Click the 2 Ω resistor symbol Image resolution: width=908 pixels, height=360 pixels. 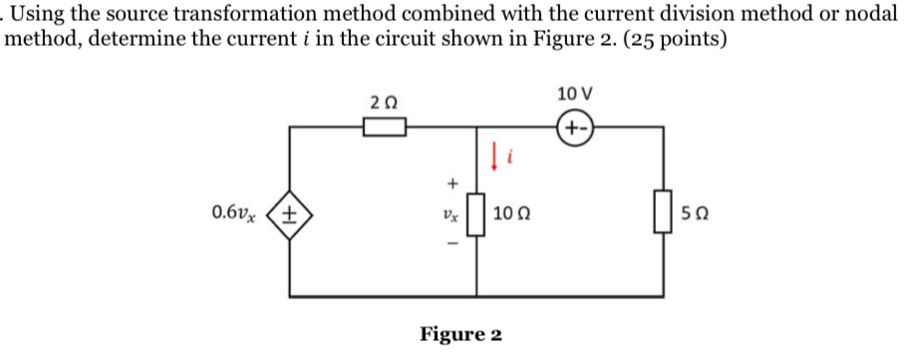click(x=384, y=127)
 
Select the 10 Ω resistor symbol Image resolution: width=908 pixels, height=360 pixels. click(x=476, y=214)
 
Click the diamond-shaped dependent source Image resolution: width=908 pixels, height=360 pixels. click(x=290, y=213)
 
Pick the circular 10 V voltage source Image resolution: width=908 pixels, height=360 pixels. click(x=575, y=127)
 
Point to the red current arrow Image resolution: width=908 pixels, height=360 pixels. click(x=494, y=155)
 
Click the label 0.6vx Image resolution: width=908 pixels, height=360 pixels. click(x=236, y=212)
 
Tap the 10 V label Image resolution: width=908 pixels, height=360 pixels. click(x=575, y=94)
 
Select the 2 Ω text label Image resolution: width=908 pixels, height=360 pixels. click(x=383, y=102)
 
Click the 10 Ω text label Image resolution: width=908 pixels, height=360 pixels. click(x=515, y=214)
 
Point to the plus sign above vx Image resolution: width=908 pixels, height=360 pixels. click(x=453, y=183)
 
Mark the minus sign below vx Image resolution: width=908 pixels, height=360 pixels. click(x=453, y=246)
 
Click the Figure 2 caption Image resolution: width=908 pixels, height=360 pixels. click(x=460, y=333)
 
